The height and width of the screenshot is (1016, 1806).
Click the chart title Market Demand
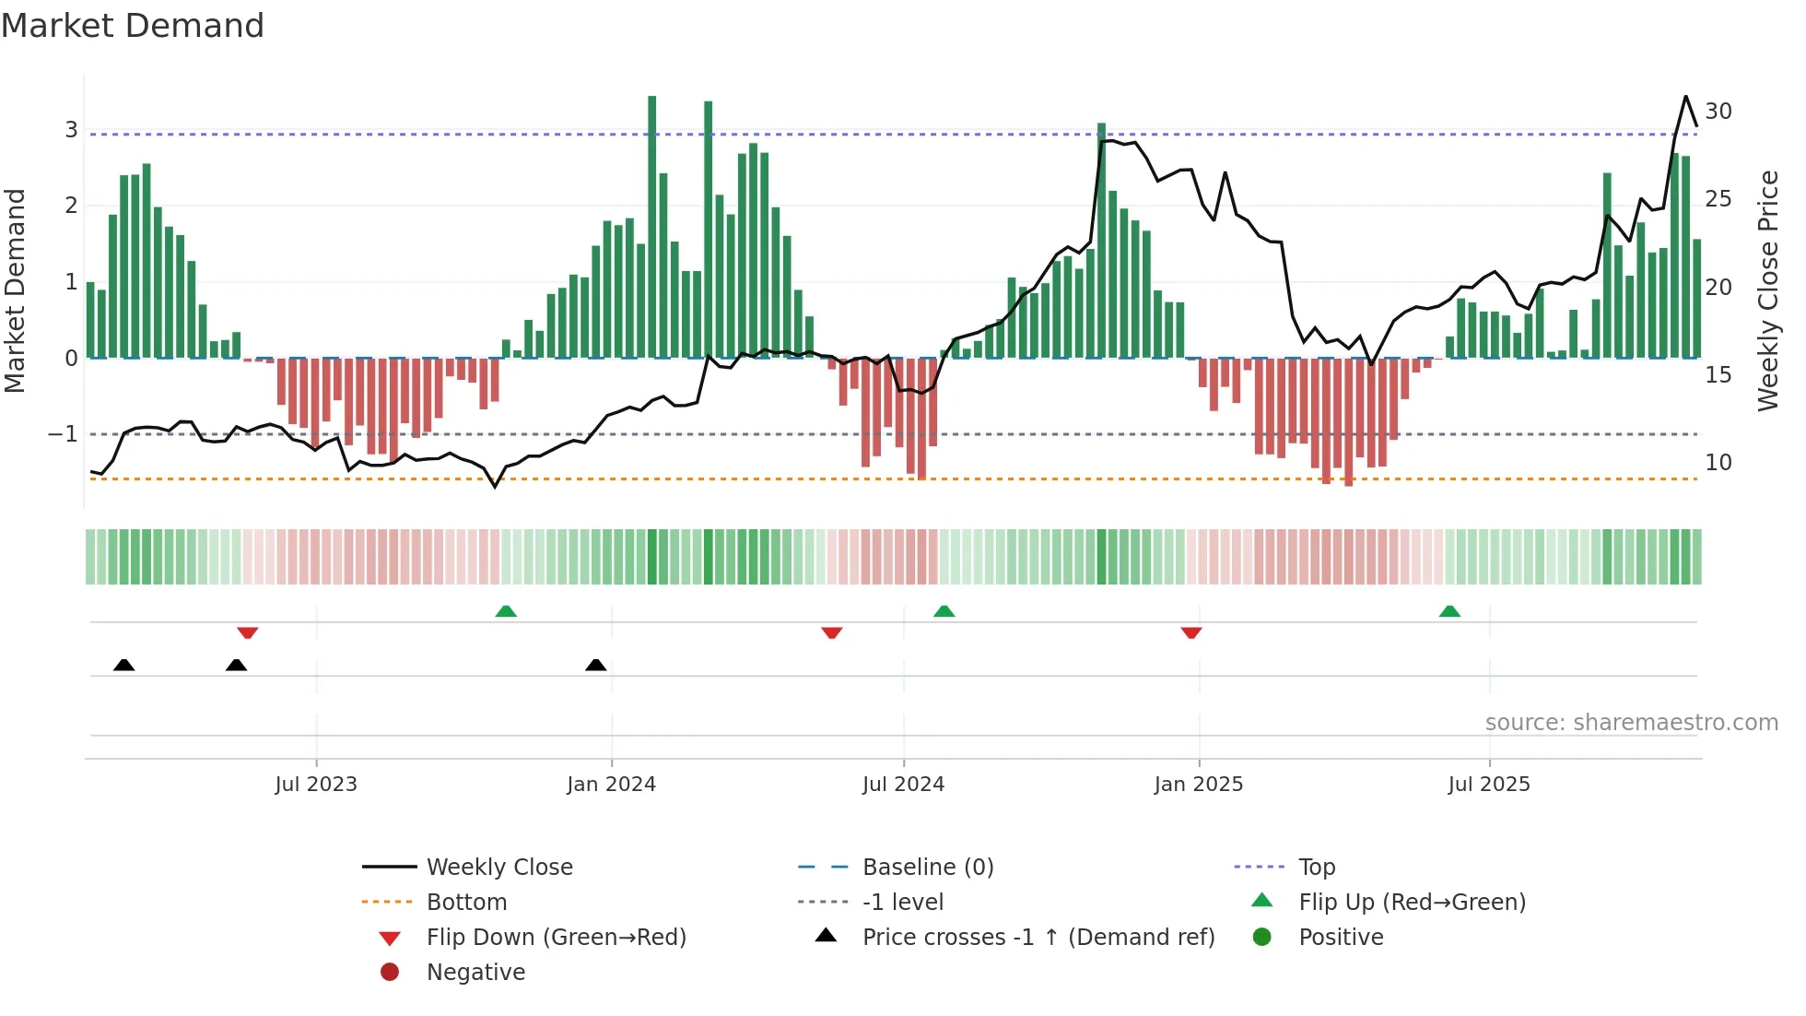[133, 26]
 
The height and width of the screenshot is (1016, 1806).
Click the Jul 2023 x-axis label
[316, 785]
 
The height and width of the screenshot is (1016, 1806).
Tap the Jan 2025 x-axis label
[1198, 785]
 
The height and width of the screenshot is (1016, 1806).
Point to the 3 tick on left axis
[71, 129]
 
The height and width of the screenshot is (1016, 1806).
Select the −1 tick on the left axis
[63, 433]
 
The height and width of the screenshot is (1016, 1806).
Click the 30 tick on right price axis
[1718, 112]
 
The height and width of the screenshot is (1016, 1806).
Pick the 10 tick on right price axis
[1718, 463]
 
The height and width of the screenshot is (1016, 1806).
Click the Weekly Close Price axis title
[1767, 290]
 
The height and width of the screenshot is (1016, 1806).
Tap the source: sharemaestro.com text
[1631, 723]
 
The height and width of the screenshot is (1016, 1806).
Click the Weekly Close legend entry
[498, 868]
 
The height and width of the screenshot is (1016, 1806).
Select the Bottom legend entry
[466, 903]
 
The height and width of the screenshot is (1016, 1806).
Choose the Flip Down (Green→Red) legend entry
[556, 938]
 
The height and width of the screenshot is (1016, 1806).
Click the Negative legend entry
[475, 973]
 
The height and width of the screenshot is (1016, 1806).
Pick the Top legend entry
[1316, 868]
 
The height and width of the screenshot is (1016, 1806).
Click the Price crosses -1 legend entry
[1038, 938]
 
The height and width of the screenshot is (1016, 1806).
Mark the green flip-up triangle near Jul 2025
[1449, 611]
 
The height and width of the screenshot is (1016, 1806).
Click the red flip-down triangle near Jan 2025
[1190, 632]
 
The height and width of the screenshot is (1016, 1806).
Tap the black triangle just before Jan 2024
[596, 665]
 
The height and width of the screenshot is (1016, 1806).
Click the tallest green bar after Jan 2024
[652, 226]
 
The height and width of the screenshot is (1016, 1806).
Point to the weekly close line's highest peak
[1685, 96]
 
